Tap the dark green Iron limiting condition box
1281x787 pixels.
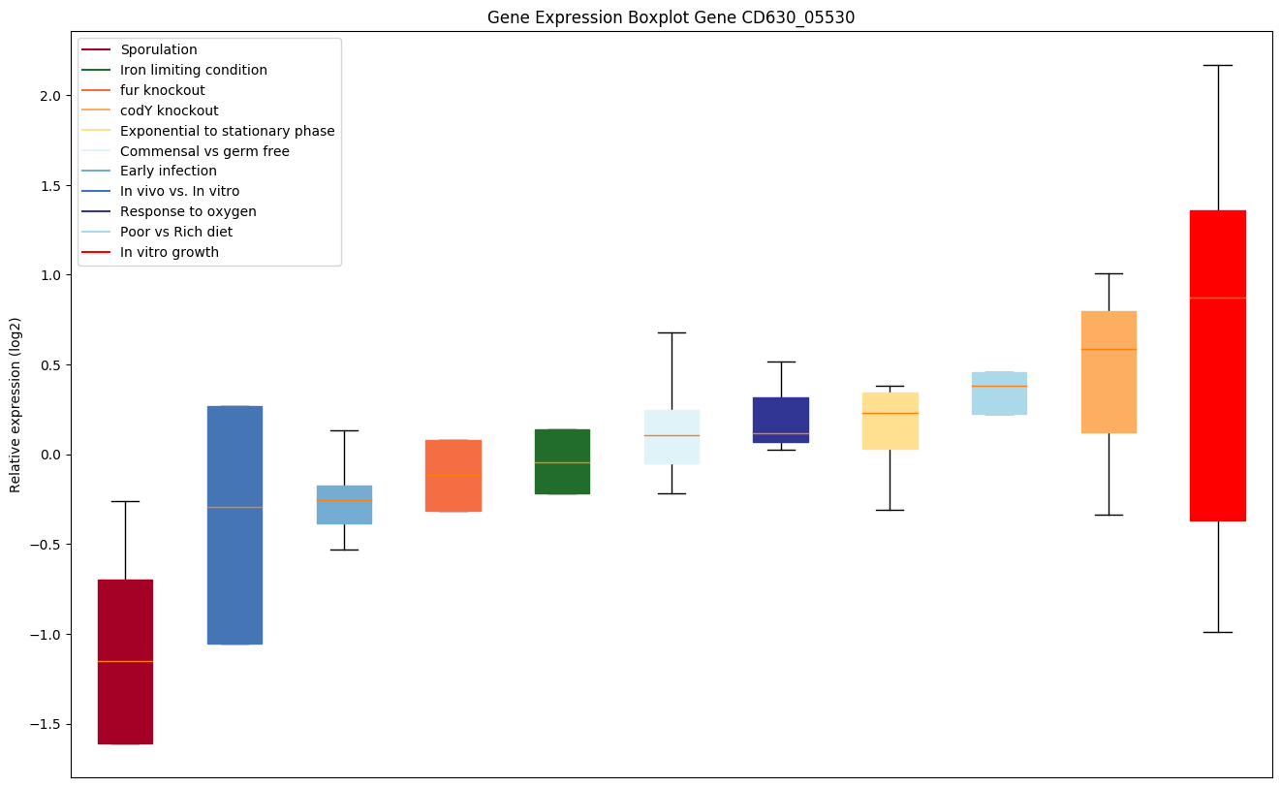[x=562, y=480]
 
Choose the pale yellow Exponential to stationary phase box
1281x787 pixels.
[x=890, y=431]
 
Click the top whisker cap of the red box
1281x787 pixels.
[x=1217, y=65]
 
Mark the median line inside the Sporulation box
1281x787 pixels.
[x=125, y=661]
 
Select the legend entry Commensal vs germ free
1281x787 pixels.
[x=204, y=151]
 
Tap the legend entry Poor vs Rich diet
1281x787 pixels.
[x=176, y=232]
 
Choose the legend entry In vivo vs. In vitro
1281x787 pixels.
[x=179, y=191]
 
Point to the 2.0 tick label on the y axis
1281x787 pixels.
[x=50, y=96]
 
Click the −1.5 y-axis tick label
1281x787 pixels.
[x=47, y=724]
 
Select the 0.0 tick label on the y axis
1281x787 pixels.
[x=50, y=455]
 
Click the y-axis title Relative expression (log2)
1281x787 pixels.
[x=16, y=404]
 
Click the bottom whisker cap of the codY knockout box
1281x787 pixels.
[x=1109, y=515]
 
